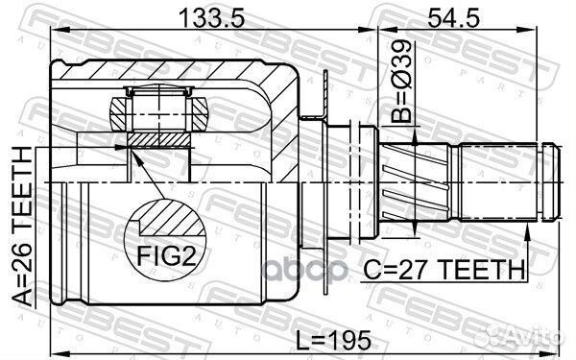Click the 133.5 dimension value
click(x=211, y=17)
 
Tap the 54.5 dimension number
click(x=453, y=17)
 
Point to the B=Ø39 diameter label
click(x=400, y=82)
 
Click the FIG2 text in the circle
click(x=166, y=255)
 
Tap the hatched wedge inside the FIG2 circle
click(x=171, y=219)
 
